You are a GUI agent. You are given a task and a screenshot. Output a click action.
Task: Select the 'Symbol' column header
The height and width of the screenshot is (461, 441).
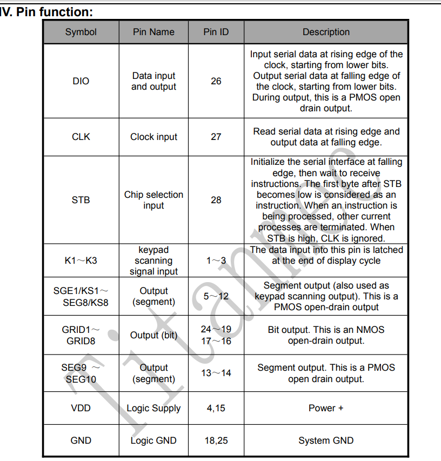[81, 32]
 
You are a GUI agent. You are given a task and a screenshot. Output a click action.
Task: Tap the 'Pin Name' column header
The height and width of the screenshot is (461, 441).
[153, 32]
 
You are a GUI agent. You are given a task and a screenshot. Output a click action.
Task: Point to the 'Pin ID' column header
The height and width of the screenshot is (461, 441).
[216, 32]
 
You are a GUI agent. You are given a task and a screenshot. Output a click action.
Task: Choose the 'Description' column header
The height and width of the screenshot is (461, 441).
[326, 32]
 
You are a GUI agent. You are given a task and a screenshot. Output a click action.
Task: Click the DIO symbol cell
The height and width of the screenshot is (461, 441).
[81, 81]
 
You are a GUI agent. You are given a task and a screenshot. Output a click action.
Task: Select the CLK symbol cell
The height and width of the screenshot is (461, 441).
[81, 137]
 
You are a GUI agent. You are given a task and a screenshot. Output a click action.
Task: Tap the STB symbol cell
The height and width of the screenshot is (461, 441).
[81, 200]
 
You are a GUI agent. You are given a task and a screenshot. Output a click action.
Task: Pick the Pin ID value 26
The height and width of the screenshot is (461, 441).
[216, 81]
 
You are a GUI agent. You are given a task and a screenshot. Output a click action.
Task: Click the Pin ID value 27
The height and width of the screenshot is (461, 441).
[216, 137]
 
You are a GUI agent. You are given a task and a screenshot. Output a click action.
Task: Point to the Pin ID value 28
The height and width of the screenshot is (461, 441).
[216, 200]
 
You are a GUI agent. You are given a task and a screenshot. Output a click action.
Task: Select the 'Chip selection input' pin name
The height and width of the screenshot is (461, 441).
[153, 200]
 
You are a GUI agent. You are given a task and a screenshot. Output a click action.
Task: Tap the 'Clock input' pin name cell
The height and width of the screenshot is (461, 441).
[153, 137]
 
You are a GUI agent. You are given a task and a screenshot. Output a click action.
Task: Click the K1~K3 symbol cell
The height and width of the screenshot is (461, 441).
[81, 260]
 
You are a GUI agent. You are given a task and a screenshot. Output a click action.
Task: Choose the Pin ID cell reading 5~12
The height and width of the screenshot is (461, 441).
[216, 296]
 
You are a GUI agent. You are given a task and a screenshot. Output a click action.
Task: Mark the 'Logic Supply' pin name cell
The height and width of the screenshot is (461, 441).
[153, 408]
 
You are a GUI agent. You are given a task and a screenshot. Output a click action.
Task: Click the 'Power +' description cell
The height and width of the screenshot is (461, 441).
[326, 408]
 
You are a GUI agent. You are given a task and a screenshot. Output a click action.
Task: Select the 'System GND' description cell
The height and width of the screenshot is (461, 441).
[326, 440]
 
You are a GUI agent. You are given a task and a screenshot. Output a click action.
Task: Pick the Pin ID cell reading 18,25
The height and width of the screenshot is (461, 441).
[216, 440]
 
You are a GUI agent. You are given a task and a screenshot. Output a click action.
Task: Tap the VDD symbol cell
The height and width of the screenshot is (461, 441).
[81, 408]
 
